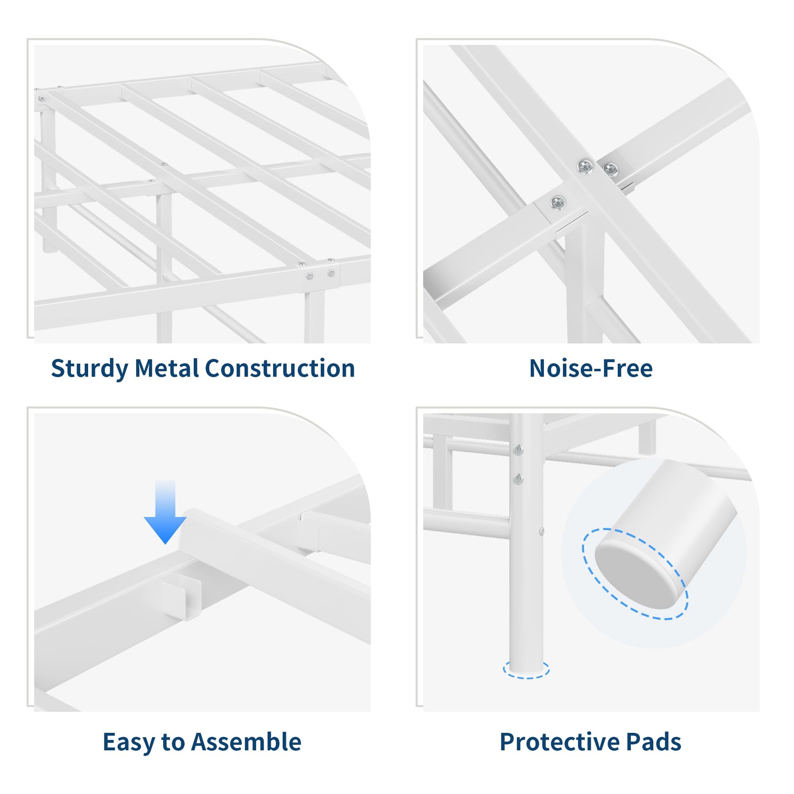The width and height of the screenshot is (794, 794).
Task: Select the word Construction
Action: pyautogui.click(x=280, y=368)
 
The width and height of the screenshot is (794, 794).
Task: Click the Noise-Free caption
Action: pyautogui.click(x=590, y=368)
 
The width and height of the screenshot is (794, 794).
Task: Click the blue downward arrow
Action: pyautogui.click(x=165, y=512)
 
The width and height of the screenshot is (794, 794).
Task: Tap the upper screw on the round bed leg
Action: pyautogui.click(x=518, y=450)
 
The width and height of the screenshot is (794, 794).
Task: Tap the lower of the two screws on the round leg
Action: pyautogui.click(x=518, y=478)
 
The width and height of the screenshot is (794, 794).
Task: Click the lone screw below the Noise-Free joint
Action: pyautogui.click(x=557, y=202)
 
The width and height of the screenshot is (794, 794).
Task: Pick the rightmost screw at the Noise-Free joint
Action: pyautogui.click(x=611, y=169)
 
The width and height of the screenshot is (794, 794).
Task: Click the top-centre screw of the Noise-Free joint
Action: pyautogui.click(x=585, y=166)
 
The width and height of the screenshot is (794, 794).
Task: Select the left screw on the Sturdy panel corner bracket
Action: pyautogui.click(x=310, y=276)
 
